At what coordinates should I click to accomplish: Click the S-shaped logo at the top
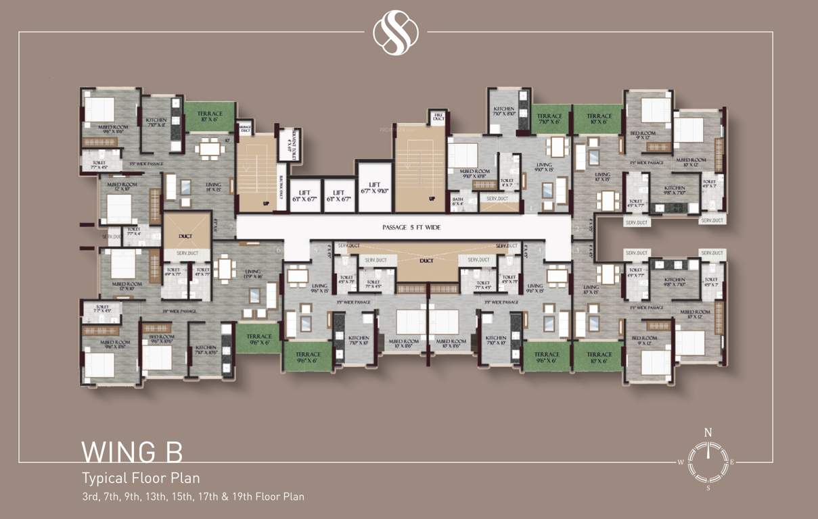click(x=396, y=32)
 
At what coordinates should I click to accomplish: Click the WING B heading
click(x=132, y=451)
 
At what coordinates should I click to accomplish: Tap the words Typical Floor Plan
click(x=141, y=478)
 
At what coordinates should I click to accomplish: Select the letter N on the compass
click(x=708, y=432)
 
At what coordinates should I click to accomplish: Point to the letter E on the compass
click(x=733, y=462)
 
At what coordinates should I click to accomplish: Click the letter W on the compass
click(x=681, y=462)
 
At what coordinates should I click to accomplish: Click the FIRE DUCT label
click(x=438, y=118)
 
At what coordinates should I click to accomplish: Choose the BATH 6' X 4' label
click(x=458, y=201)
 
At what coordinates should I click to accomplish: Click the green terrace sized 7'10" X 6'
click(x=549, y=119)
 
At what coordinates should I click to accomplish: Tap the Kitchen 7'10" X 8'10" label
click(x=504, y=112)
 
